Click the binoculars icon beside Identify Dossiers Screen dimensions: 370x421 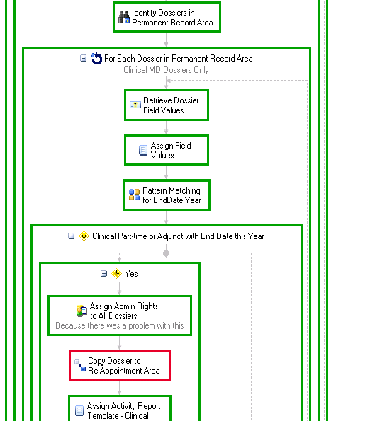(x=124, y=18)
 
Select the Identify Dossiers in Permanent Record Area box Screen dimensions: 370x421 (x=167, y=18)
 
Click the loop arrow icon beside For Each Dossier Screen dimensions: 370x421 (x=96, y=59)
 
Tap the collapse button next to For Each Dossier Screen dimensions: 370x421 (x=84, y=58)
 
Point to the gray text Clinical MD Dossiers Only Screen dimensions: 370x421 (x=166, y=70)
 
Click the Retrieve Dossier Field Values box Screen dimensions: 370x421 (x=167, y=105)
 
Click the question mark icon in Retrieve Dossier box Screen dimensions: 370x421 (x=135, y=105)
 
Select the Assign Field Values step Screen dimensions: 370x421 (x=167, y=150)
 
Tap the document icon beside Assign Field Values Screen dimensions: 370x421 (x=142, y=150)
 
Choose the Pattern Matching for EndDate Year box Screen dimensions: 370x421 (x=167, y=195)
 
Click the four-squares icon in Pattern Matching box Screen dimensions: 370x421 (x=134, y=195)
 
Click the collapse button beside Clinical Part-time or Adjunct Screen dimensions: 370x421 (x=72, y=236)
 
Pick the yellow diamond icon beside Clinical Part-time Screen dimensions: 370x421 (x=84, y=236)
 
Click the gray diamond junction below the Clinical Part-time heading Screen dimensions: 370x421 (x=166, y=253)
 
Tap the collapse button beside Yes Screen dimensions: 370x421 (x=103, y=274)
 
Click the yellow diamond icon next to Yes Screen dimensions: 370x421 (x=116, y=274)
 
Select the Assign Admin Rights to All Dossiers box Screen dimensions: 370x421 (x=120, y=316)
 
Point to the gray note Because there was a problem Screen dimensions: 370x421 (x=120, y=325)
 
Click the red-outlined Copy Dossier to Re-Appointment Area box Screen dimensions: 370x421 (x=120, y=365)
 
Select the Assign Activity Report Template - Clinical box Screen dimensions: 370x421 (x=120, y=408)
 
